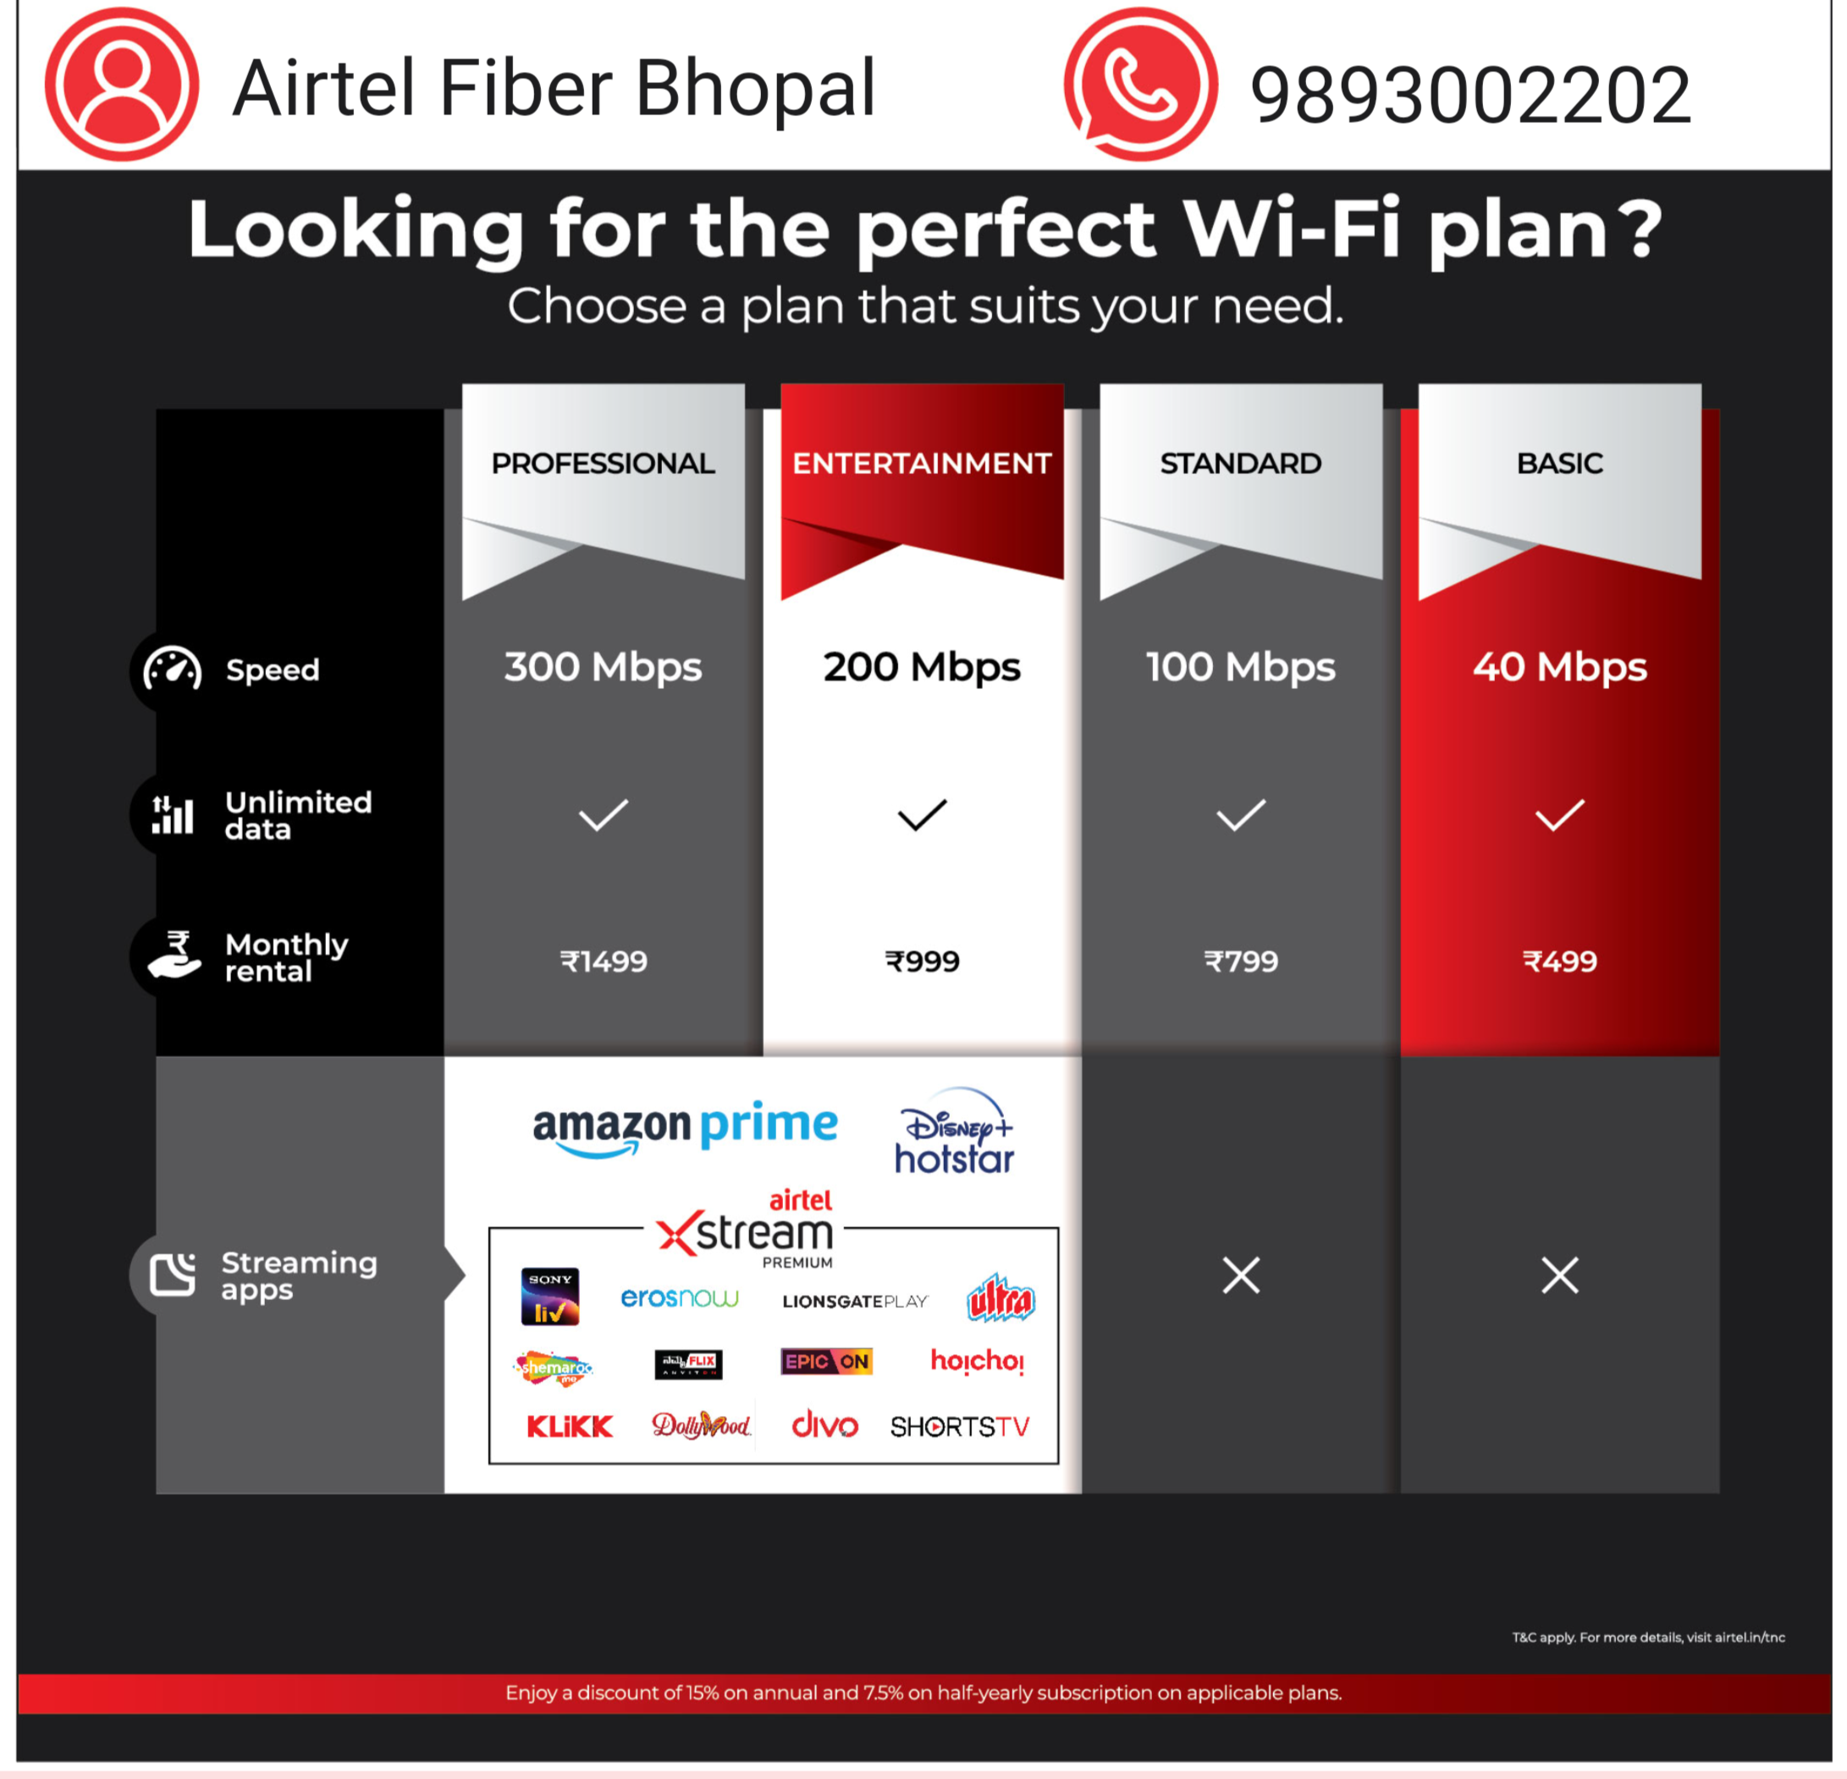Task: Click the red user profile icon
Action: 122,85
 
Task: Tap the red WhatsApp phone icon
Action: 1140,85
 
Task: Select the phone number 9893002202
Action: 1470,95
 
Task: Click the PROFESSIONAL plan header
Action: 603,464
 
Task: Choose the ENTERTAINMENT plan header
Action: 922,464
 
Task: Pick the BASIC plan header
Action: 1559,464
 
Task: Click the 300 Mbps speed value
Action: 603,667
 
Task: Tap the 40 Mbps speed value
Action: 1559,667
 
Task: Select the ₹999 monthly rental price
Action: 922,961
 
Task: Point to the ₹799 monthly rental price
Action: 1241,961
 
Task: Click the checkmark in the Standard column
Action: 1241,815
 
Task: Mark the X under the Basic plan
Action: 1559,1275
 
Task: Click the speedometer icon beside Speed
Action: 172,669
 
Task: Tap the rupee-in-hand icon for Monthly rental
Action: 174,956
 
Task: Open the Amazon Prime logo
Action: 685,1128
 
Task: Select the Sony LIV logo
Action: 550,1297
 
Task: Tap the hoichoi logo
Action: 977,1362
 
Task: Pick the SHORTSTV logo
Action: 959,1427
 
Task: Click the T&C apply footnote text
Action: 1648,1638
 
